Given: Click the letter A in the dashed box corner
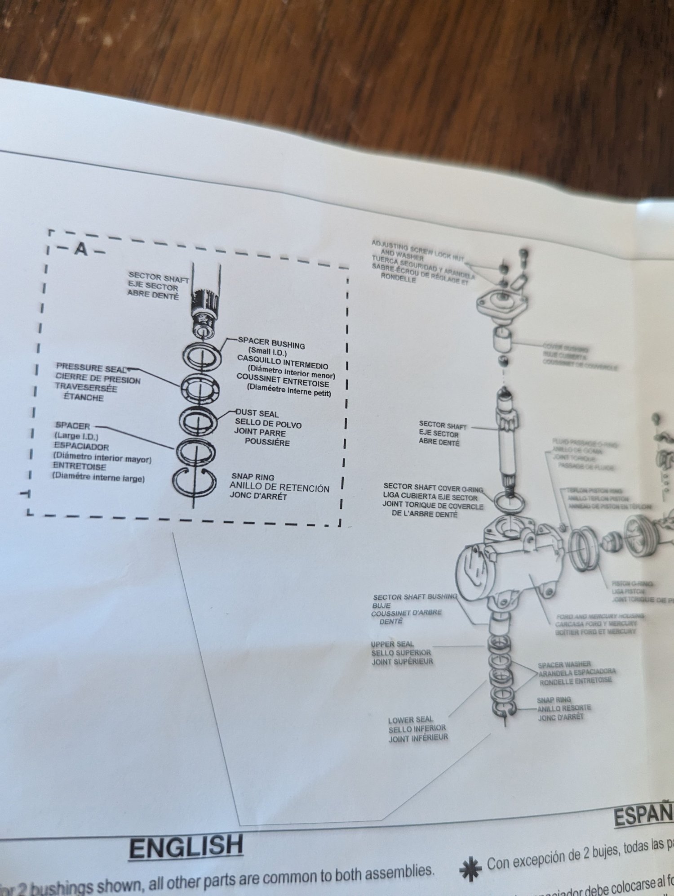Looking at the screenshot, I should point(81,248).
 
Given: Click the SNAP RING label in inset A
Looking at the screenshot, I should point(253,477).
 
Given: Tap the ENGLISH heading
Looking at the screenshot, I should point(186,847).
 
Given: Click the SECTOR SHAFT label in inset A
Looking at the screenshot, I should point(158,277).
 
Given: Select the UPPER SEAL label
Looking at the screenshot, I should point(392,644).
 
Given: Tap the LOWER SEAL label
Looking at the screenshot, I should point(411,720).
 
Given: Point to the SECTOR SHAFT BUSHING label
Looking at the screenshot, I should point(414,597).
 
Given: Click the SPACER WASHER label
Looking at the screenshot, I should point(564,664).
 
